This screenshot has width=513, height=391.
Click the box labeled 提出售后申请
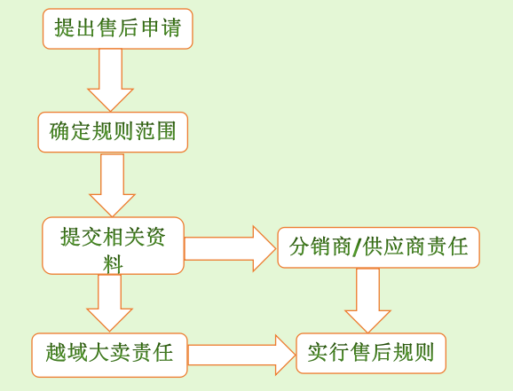click(x=118, y=28)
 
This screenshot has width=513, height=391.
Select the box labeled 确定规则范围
click(x=113, y=132)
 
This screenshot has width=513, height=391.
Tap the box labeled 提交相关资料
click(x=114, y=246)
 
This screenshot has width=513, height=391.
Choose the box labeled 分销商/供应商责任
click(x=378, y=247)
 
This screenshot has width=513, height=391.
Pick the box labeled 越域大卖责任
click(x=109, y=355)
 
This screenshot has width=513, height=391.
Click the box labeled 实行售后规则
click(x=371, y=354)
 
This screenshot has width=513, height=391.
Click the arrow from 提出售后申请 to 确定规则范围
click(x=110, y=80)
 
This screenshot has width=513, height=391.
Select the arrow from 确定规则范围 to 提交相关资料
click(x=112, y=185)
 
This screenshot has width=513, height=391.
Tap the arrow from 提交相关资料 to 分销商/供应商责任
click(x=230, y=249)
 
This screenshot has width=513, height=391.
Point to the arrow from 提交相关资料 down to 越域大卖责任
click(x=109, y=303)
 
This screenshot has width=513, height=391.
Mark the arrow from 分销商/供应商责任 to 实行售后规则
click(x=367, y=301)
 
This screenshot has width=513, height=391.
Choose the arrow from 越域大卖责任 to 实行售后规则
click(x=241, y=355)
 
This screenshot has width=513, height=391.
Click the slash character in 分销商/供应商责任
click(x=357, y=246)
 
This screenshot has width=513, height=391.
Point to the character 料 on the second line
click(x=113, y=264)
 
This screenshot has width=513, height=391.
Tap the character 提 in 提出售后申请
click(x=65, y=27)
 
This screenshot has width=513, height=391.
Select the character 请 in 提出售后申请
click(x=170, y=27)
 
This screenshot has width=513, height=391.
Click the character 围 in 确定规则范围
click(x=166, y=131)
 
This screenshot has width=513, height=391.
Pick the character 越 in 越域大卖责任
click(x=56, y=352)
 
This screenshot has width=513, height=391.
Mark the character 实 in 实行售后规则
click(x=318, y=352)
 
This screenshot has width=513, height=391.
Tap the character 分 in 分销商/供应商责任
click(x=300, y=246)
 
